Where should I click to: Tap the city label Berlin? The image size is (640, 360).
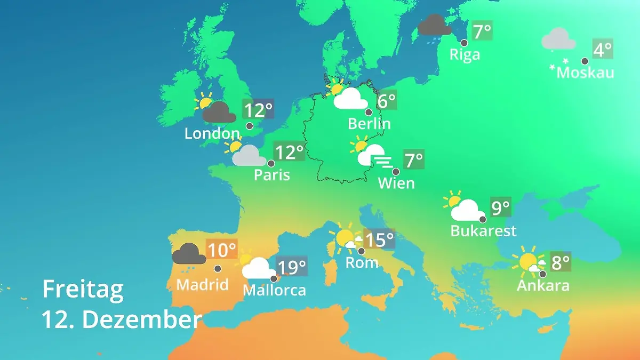(x=369, y=124)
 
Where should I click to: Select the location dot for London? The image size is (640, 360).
(x=250, y=126)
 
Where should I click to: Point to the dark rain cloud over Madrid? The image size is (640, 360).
(x=189, y=254)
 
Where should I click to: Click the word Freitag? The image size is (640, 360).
(x=83, y=289)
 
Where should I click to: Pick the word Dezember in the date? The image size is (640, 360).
(x=142, y=320)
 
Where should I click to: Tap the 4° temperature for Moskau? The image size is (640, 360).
(x=603, y=50)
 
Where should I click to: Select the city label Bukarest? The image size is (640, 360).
(x=483, y=231)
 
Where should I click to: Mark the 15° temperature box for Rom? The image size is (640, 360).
(x=379, y=239)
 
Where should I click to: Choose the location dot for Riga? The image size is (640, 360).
(x=464, y=43)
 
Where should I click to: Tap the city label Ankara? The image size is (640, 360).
(x=543, y=285)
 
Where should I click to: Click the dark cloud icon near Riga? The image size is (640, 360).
(x=435, y=25)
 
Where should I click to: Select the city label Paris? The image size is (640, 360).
(x=272, y=175)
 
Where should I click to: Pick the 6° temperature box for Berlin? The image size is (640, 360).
(x=387, y=100)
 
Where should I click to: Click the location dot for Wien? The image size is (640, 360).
(x=396, y=172)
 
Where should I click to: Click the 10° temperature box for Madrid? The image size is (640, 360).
(x=221, y=249)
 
